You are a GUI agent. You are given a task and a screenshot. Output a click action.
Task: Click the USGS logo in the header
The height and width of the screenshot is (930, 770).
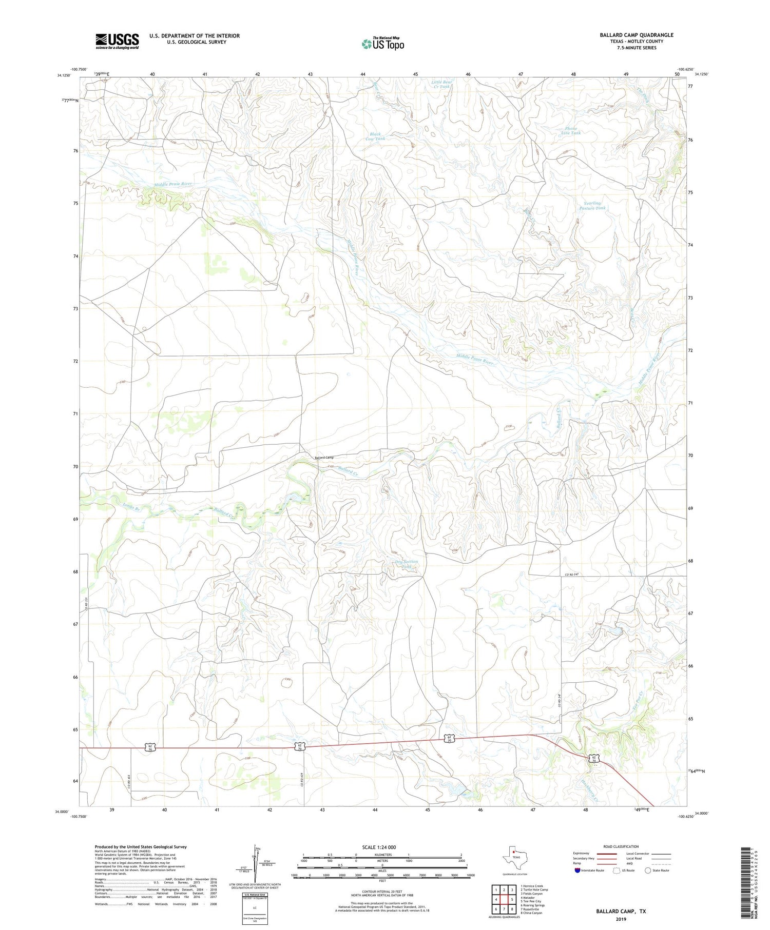[x=117, y=41]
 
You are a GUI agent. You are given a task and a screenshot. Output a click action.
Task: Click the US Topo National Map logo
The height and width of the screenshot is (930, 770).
[x=382, y=44]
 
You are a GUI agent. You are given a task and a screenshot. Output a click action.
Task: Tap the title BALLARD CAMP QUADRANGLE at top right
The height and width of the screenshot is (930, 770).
[x=636, y=35]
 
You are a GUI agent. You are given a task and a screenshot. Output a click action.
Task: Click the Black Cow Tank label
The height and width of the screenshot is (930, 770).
[x=375, y=136]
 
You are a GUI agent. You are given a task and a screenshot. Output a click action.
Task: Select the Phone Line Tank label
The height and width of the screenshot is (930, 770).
[x=571, y=131]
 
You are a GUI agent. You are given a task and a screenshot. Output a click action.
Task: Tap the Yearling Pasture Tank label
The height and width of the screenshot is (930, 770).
[x=592, y=206]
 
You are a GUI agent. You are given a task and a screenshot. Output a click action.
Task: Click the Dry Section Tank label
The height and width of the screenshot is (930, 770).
[x=407, y=564]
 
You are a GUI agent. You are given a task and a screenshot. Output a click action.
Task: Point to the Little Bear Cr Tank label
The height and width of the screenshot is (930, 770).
[x=441, y=84]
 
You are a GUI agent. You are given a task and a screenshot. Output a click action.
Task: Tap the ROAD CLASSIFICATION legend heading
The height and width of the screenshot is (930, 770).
[x=621, y=846]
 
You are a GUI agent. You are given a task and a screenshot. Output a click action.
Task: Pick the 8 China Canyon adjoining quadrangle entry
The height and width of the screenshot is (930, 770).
[x=532, y=913]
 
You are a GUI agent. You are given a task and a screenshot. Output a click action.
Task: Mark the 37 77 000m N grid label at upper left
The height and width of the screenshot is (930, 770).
[x=68, y=100]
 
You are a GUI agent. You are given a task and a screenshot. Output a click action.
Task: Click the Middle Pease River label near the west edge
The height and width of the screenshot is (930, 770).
[x=173, y=184]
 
